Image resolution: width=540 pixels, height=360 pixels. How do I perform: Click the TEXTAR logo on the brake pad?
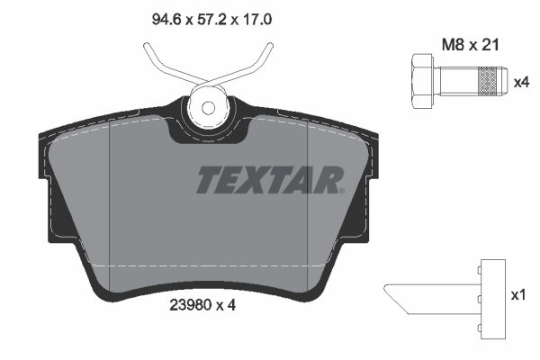click(269, 180)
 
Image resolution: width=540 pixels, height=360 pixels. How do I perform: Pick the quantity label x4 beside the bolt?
click(520, 82)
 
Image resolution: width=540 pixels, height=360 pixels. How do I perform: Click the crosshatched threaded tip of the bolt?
click(487, 81)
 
